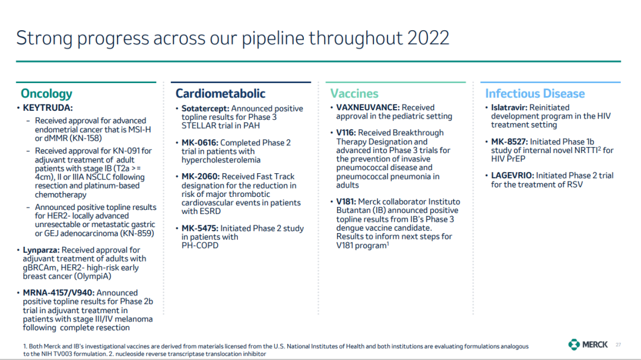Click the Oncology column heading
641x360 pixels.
tap(46, 94)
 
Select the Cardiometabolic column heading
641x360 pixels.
tap(220, 94)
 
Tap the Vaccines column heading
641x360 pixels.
tap(354, 94)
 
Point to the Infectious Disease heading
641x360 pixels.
tap(535, 94)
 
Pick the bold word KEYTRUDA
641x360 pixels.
tap(48, 108)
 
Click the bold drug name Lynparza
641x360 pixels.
tap(42, 250)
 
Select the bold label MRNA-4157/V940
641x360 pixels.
tap(59, 293)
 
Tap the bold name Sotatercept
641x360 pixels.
tap(205, 109)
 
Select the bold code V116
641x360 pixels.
tap(346, 133)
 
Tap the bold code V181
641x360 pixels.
tap(346, 202)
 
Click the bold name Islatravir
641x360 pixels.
tap(509, 107)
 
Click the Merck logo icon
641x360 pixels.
tap(574, 345)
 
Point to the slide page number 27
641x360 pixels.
tap(618, 345)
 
